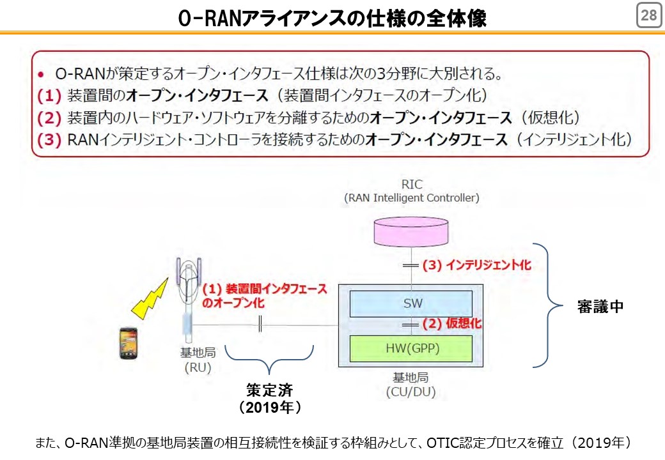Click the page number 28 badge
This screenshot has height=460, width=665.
pyautogui.click(x=649, y=15)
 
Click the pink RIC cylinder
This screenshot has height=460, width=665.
pyautogui.click(x=411, y=231)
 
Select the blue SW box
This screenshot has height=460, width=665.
pyautogui.click(x=411, y=303)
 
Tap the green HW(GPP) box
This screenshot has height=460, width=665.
pyautogui.click(x=411, y=349)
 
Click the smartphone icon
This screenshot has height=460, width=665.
pyautogui.click(x=128, y=343)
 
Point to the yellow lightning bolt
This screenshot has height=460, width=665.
pyautogui.click(x=149, y=298)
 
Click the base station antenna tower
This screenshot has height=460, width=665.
pyautogui.click(x=188, y=299)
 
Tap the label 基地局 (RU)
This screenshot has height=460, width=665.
pyautogui.click(x=198, y=360)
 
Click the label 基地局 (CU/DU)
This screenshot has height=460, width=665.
pyautogui.click(x=411, y=385)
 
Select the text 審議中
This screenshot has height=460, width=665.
pyautogui.click(x=600, y=306)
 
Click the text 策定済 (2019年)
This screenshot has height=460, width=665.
pyautogui.click(x=270, y=399)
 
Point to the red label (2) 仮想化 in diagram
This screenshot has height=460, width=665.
pyautogui.click(x=452, y=324)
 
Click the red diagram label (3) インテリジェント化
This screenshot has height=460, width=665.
pyautogui.click(x=477, y=265)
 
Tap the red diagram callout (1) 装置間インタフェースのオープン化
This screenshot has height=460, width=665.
pyautogui.click(x=264, y=296)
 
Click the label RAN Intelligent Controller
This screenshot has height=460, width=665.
pyautogui.click(x=411, y=198)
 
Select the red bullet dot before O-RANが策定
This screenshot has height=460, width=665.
pyautogui.click(x=41, y=75)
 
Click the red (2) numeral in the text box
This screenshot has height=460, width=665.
pyautogui.click(x=49, y=118)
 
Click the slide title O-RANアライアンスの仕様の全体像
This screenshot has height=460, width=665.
pyautogui.click(x=332, y=18)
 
